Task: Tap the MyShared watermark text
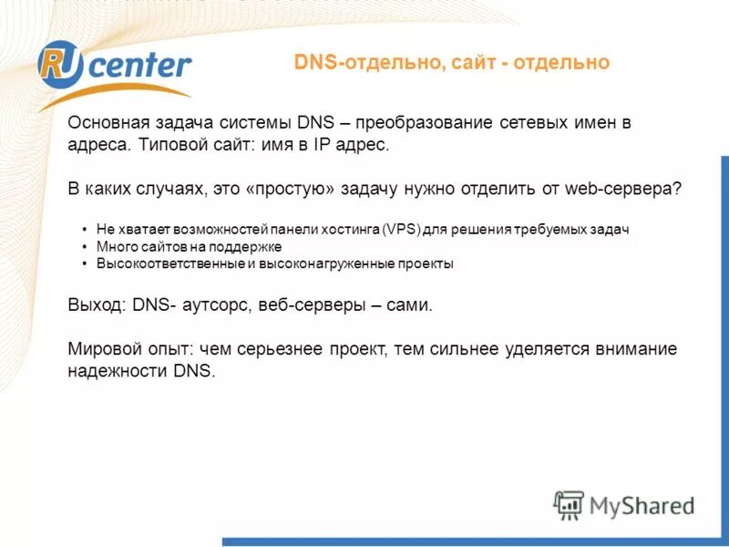[x=642, y=505]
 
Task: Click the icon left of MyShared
[x=570, y=505]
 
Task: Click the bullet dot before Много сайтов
[x=84, y=247]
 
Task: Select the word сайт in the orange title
[x=477, y=63]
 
